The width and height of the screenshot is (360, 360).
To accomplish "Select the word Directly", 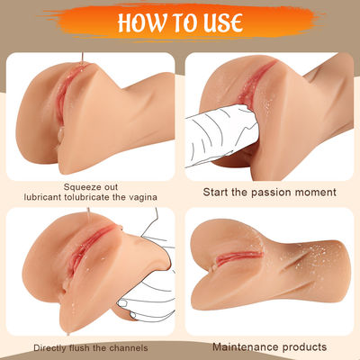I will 55,347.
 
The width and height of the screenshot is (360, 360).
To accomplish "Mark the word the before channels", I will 110,347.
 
